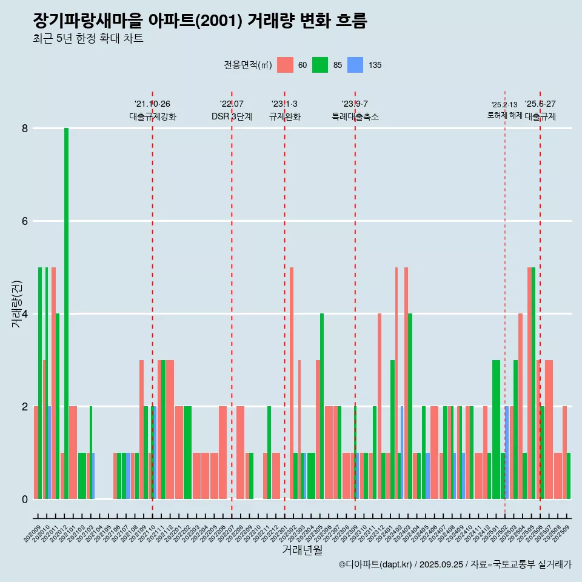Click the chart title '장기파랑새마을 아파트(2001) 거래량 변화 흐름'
click(x=200, y=21)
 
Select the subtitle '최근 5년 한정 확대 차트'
click(x=89, y=39)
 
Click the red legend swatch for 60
click(x=285, y=65)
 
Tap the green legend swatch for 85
click(x=320, y=65)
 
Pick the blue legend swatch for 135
click(x=355, y=65)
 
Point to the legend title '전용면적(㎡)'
click(x=248, y=65)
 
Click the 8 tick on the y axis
click(x=25, y=129)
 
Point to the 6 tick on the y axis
click(x=25, y=221)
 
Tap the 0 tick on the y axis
click(x=25, y=500)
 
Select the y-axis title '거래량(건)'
click(x=16, y=304)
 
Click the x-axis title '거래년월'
click(x=302, y=550)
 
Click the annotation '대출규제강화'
click(x=153, y=117)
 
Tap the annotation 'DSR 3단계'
click(x=232, y=117)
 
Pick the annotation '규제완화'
click(x=285, y=117)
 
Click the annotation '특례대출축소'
click(x=355, y=117)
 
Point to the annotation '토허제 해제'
click(x=504, y=115)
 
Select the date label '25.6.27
click(x=540, y=104)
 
